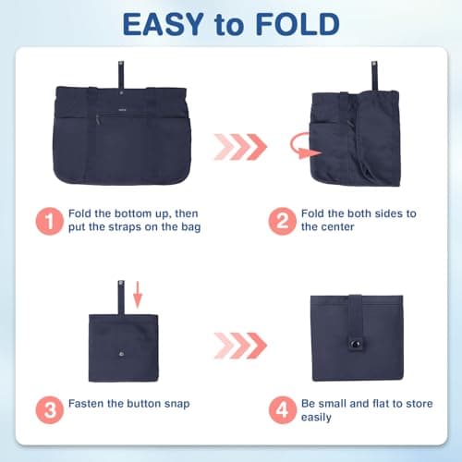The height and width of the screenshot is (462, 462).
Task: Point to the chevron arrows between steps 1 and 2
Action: coord(239,145)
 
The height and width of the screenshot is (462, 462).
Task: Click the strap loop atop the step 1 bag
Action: coord(120,71)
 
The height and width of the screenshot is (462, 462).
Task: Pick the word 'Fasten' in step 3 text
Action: coord(91,404)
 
